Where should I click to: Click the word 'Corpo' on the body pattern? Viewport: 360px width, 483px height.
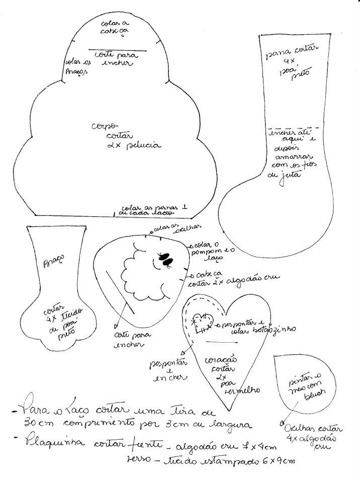pos(104,126)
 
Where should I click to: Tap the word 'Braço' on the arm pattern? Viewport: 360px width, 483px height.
pos(54,261)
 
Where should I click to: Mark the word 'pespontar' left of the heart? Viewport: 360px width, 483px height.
pos(167,362)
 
